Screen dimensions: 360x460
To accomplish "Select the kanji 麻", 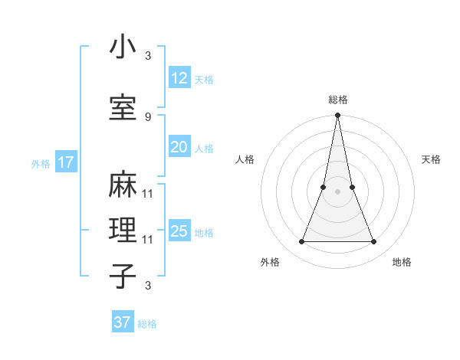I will (x=123, y=185).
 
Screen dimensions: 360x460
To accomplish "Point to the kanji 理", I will (x=123, y=230).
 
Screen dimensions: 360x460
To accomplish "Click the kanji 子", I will (x=123, y=275).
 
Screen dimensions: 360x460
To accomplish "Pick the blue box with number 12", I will (x=179, y=78).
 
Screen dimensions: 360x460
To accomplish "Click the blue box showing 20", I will (x=179, y=147).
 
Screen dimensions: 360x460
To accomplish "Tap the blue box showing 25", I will (x=179, y=231).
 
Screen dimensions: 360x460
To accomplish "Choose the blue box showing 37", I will (x=122, y=322).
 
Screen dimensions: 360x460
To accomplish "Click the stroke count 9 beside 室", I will (x=147, y=116).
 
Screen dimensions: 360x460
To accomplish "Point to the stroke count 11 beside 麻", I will (x=147, y=193).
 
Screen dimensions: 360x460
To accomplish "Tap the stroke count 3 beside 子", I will (x=147, y=286).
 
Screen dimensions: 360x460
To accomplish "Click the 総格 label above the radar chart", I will (x=338, y=100).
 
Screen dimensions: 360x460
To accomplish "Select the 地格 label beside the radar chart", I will (x=402, y=262).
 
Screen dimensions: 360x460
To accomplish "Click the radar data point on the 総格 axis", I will (x=337, y=116).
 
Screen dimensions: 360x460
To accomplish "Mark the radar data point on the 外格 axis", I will (x=301, y=242).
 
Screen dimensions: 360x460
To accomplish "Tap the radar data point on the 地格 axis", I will (x=373, y=242).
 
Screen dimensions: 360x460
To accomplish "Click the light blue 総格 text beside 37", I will (x=147, y=324).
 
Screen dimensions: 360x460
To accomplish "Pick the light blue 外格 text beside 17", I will (x=41, y=163).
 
